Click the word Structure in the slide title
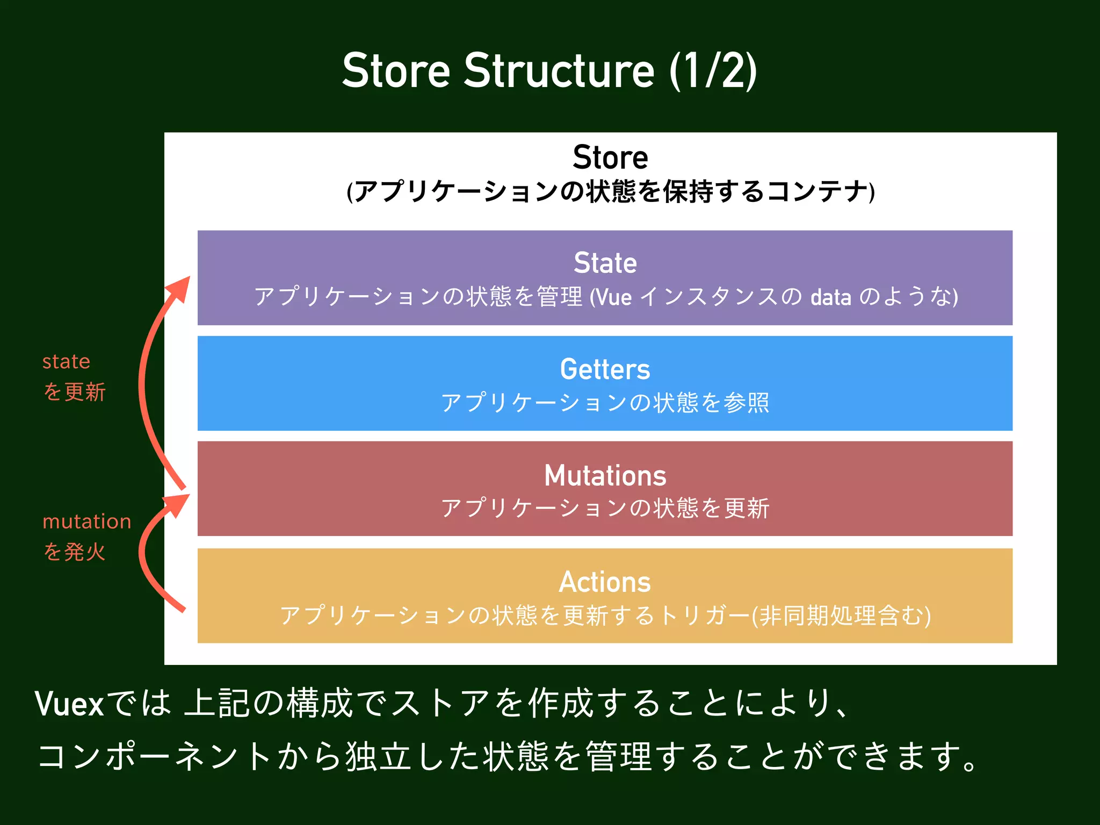(x=559, y=71)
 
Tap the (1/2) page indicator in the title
(x=713, y=71)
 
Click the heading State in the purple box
(x=605, y=263)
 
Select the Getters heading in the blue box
(x=605, y=370)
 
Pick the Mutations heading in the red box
(x=605, y=476)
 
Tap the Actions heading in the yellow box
(x=605, y=582)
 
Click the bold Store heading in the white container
(x=610, y=157)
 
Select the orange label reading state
(x=66, y=361)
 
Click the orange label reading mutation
(x=86, y=522)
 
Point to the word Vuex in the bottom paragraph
(x=69, y=704)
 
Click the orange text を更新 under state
(x=75, y=392)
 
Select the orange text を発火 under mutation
(x=75, y=552)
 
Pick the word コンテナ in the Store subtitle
(x=817, y=192)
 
